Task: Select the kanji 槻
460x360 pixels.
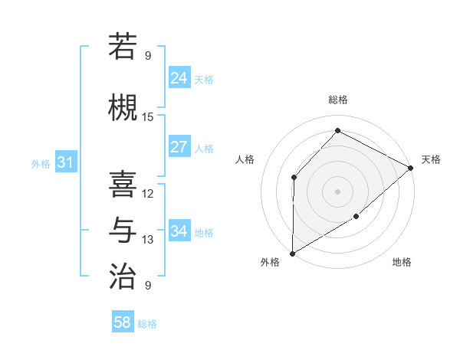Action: (x=123, y=108)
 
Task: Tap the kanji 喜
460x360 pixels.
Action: (x=123, y=184)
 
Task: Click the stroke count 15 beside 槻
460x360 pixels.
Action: (x=148, y=117)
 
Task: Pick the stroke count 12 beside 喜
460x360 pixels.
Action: (x=148, y=194)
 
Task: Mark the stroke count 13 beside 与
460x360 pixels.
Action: (x=148, y=240)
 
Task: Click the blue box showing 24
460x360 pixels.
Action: (x=179, y=78)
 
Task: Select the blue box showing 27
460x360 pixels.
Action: (x=179, y=147)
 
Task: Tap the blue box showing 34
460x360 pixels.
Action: (x=179, y=231)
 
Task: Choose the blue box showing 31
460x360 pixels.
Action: (x=65, y=162)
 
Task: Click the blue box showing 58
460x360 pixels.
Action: (x=123, y=322)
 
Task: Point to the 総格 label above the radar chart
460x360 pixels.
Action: (x=337, y=100)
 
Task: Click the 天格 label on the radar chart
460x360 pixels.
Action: (x=432, y=159)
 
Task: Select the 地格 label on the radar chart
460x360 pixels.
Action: (x=402, y=262)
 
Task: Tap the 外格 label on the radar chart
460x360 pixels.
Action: (x=270, y=262)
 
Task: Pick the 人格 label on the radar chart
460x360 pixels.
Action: (x=245, y=159)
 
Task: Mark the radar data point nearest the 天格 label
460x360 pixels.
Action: (x=411, y=168)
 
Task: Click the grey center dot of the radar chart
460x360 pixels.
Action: (x=337, y=191)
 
